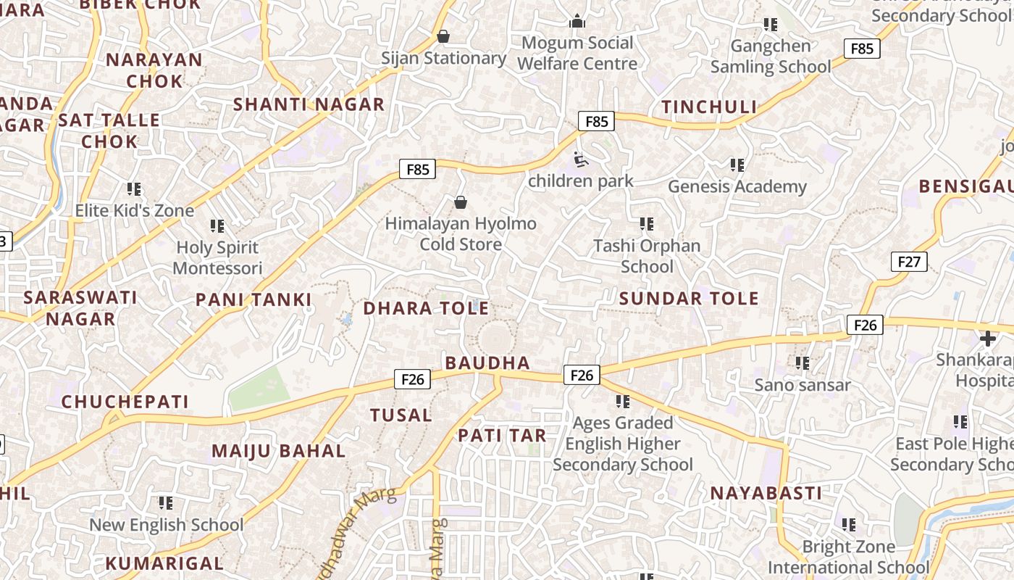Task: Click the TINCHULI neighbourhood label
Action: tap(709, 107)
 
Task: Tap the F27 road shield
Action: tap(908, 262)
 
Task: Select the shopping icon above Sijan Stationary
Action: tap(443, 36)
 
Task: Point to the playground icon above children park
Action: tap(580, 159)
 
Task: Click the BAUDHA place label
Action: tap(487, 362)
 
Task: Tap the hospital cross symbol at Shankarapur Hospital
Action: tap(988, 338)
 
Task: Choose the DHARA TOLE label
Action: tap(426, 308)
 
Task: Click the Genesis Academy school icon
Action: tap(737, 165)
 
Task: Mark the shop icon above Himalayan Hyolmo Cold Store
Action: tap(460, 202)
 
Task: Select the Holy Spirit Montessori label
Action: tap(217, 258)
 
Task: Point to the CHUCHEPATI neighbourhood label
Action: tap(125, 402)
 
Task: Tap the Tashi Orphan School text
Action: tap(647, 256)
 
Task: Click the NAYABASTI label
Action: tap(766, 494)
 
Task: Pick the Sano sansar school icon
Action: tap(802, 362)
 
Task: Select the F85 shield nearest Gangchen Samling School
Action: tap(861, 49)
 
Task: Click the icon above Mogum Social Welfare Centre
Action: tap(577, 21)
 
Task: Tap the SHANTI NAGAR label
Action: tap(309, 104)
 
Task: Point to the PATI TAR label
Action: tap(502, 436)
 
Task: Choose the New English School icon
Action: tap(166, 502)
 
